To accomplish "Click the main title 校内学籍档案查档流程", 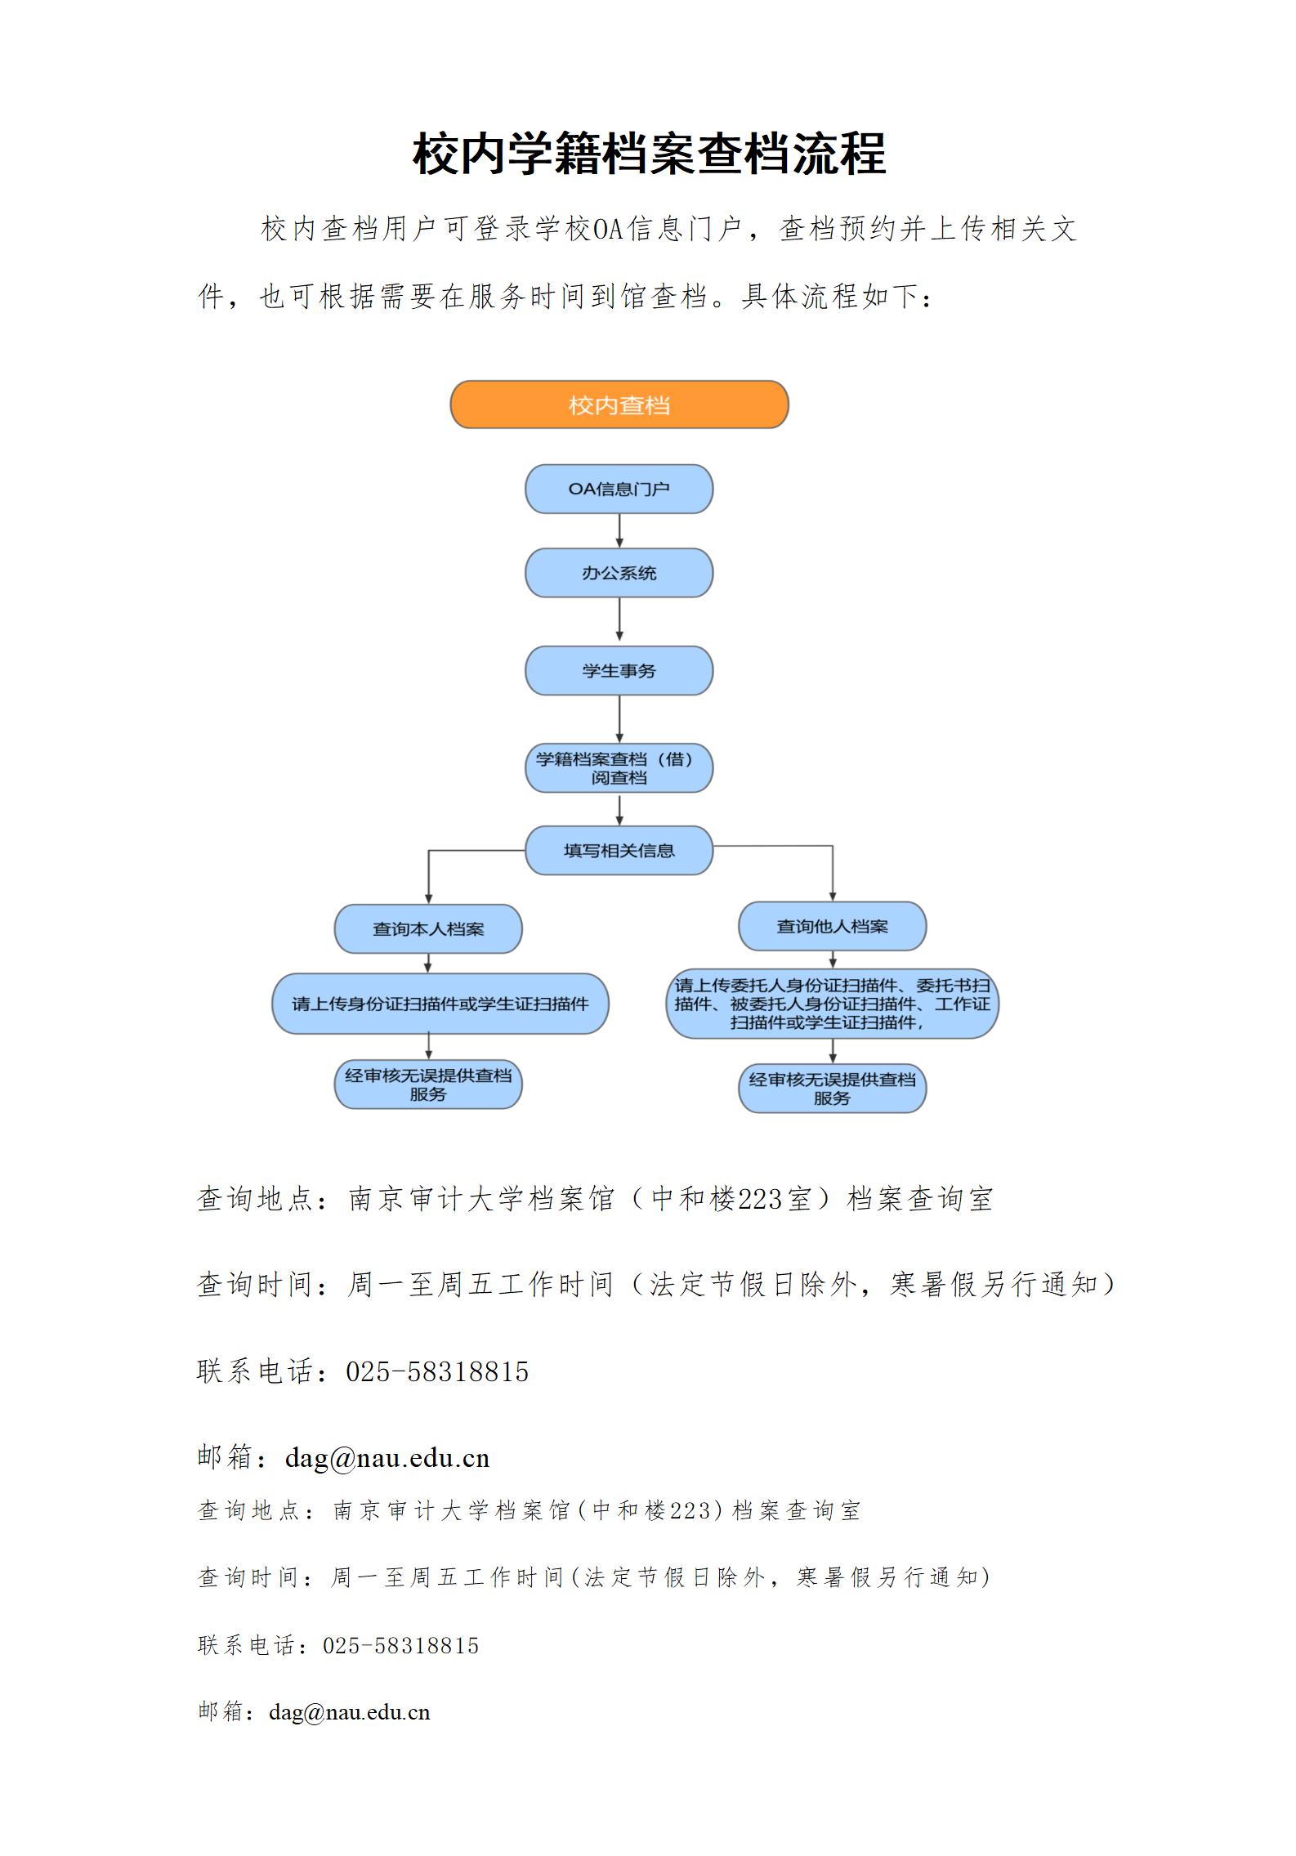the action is pos(649,153).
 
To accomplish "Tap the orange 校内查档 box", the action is pos(619,405).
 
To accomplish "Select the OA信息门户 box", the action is pos(619,489).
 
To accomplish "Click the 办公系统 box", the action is pos(619,573).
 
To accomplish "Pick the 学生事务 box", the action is pos(619,671).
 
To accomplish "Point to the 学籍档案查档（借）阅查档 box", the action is pos(619,768).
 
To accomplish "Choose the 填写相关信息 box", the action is pos(619,851).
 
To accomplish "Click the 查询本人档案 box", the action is pos(428,929).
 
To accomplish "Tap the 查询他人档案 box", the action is pos(832,927).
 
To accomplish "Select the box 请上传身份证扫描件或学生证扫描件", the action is pos(440,1004).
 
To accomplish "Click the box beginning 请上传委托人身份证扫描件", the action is pos(832,1004).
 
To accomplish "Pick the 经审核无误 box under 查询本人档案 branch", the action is pos(428,1085).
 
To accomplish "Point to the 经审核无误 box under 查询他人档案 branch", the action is pos(832,1089).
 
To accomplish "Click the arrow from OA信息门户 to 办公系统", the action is pos(619,531).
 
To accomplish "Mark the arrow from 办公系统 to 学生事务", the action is pos(619,622).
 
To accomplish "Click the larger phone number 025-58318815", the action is pos(437,1371).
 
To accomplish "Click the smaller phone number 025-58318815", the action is pos(400,1645).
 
